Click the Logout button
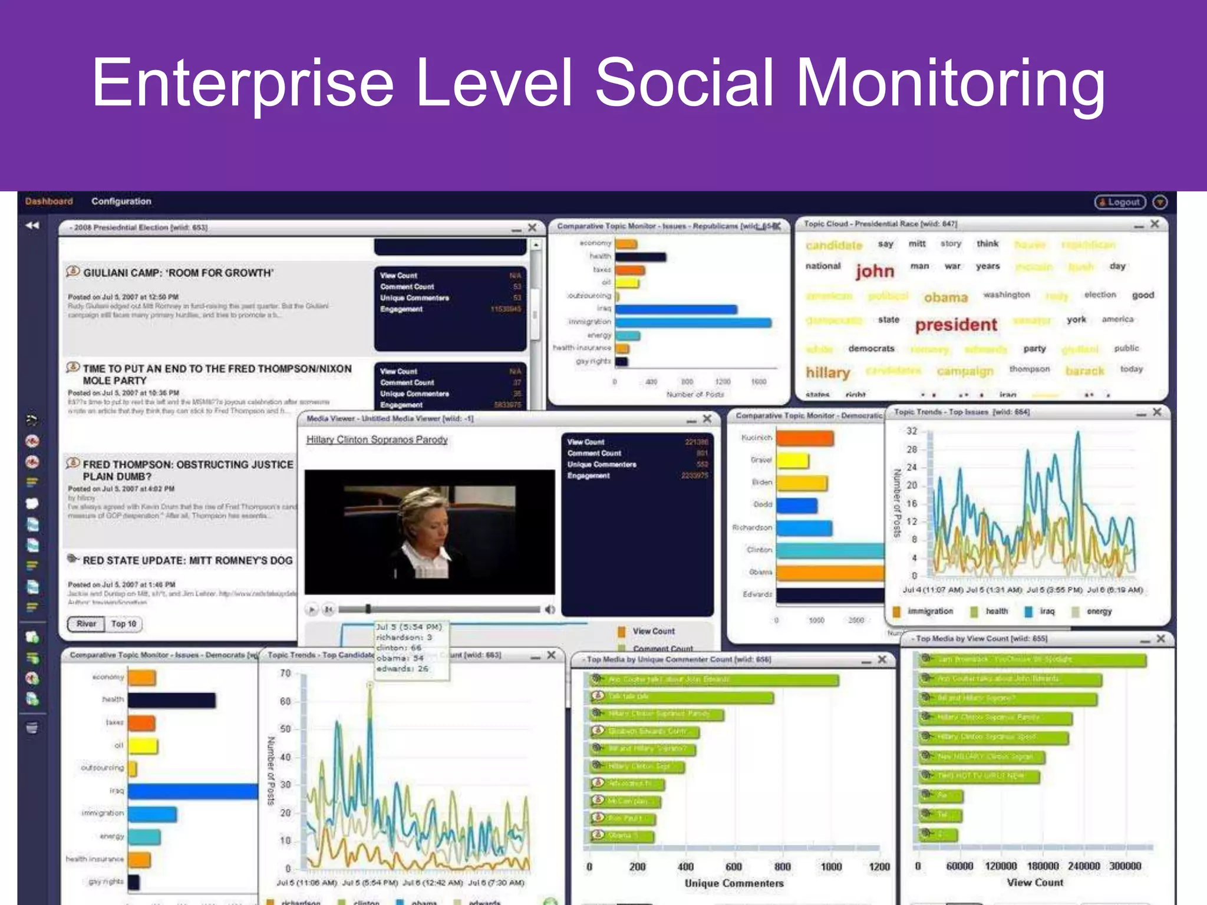click(x=1120, y=202)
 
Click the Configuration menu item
click(x=121, y=202)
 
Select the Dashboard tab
click(x=49, y=202)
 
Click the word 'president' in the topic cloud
click(x=955, y=325)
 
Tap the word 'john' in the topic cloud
click(x=875, y=271)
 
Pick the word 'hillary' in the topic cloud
click(x=827, y=372)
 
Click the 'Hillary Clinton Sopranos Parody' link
click(x=377, y=440)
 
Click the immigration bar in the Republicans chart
click(x=693, y=322)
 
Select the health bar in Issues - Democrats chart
click(x=171, y=700)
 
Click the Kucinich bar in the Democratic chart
click(x=804, y=438)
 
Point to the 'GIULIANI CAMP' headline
click(x=178, y=273)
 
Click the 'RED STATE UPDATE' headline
click(x=187, y=560)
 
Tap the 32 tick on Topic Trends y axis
click(x=912, y=431)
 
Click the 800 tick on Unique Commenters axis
click(x=782, y=867)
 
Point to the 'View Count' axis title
click(x=1035, y=883)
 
